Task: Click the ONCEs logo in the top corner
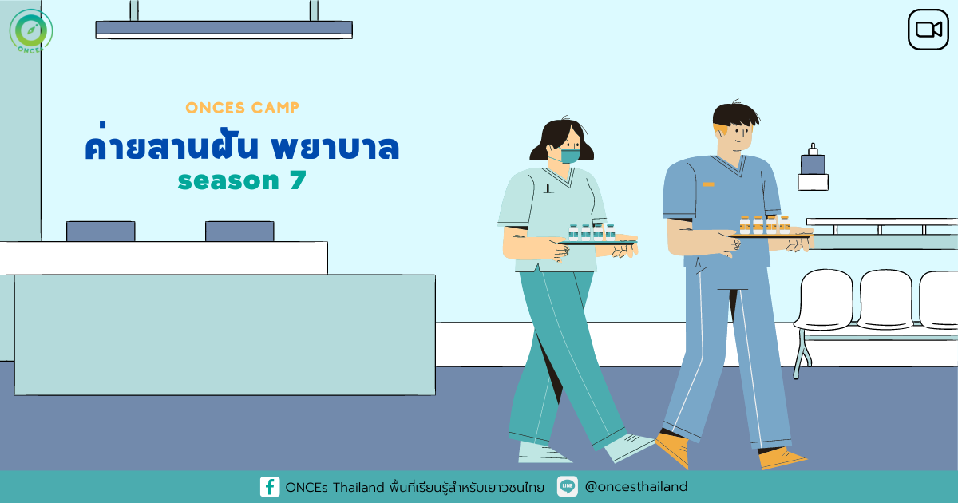click(x=31, y=31)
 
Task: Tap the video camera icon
click(x=928, y=30)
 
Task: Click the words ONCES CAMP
click(x=242, y=108)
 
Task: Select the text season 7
click(x=242, y=180)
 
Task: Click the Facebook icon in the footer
click(x=270, y=487)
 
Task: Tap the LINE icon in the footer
click(x=568, y=486)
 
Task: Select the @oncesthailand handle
click(x=636, y=487)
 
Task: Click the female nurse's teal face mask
click(x=570, y=156)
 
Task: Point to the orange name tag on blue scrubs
click(x=708, y=184)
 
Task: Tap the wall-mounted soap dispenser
click(x=813, y=168)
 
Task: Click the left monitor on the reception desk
click(x=101, y=232)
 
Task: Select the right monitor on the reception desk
click(x=239, y=232)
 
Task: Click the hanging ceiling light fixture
click(x=224, y=30)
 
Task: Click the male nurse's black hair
click(x=734, y=115)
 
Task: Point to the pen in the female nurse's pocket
click(x=548, y=188)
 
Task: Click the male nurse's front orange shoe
click(x=672, y=448)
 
